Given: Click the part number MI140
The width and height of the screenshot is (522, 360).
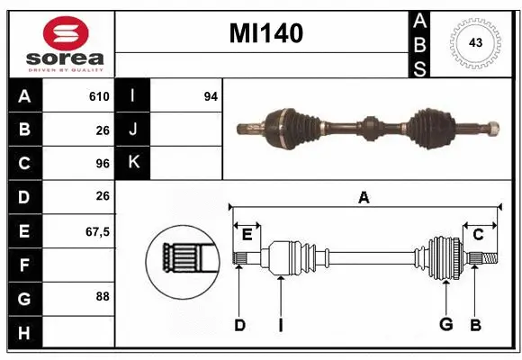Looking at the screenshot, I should coord(265,33).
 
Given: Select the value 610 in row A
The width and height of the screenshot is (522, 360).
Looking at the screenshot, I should coord(99,96).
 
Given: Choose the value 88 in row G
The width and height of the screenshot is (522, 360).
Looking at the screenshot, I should coord(102,296).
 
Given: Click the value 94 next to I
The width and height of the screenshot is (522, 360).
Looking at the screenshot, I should coord(211,96).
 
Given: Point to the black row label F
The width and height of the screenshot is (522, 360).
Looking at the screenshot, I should coord(24,265).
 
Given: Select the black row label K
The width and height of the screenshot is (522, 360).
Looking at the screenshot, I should coord(133,163).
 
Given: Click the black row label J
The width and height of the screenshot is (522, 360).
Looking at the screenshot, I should coord(133,130).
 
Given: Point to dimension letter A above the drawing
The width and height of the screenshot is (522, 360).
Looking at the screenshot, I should coord(364,198).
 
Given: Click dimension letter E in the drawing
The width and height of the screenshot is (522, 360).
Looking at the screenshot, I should coord(247,235).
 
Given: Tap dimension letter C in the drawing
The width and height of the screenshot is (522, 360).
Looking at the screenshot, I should coord(479,235).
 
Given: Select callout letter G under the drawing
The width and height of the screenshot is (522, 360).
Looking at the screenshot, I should coord(445,325).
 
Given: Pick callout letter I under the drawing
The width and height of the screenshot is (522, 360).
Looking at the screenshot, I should coord(281,325).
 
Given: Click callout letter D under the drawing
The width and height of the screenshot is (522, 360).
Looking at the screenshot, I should coord(239,325).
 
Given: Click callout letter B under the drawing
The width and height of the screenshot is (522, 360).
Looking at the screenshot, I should coord(476,325).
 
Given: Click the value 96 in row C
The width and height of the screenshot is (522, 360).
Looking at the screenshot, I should coord(102,163).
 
